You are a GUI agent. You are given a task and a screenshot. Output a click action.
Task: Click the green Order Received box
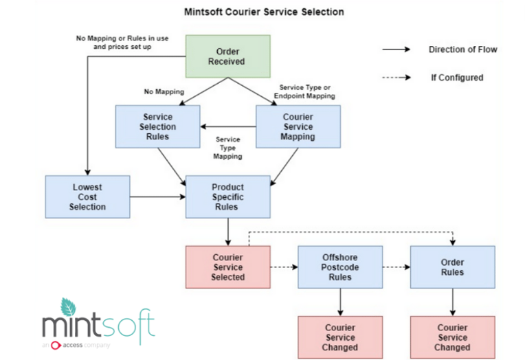pos(228,56)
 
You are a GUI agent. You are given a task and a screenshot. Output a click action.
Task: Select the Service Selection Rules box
pos(157,126)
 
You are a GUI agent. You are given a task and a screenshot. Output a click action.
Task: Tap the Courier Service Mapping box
pos(298,126)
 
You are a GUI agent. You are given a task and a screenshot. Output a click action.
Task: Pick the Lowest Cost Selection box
pos(88,197)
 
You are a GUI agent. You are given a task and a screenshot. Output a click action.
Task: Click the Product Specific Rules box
pos(228,197)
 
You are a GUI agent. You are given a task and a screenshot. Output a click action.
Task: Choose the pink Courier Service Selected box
pos(228,267)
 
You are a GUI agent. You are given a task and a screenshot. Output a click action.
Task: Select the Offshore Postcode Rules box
pos(340,267)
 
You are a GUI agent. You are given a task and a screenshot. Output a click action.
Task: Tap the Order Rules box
pos(453,267)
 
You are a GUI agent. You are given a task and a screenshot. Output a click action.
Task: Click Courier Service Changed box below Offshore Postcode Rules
pos(340,337)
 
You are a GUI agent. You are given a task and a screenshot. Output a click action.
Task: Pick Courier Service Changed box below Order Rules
pos(453,337)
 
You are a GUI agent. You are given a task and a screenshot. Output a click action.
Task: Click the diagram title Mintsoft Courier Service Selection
pos(264,12)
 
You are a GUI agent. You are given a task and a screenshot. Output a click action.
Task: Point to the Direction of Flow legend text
pos(463,49)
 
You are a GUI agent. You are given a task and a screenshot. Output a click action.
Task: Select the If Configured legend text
pos(457,78)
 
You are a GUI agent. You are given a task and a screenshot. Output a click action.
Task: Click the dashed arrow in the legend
pos(396,78)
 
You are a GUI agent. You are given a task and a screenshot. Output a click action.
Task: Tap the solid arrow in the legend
pos(396,49)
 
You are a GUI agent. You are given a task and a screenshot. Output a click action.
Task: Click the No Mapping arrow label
pos(164,92)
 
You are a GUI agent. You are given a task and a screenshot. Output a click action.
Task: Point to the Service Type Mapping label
pos(227,148)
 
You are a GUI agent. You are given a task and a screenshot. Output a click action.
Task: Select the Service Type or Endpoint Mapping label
pos(304,92)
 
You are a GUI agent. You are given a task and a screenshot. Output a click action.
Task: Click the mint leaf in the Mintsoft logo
pos(68,307)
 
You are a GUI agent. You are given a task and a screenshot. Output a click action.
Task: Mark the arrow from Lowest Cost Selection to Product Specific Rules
pos(157,197)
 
